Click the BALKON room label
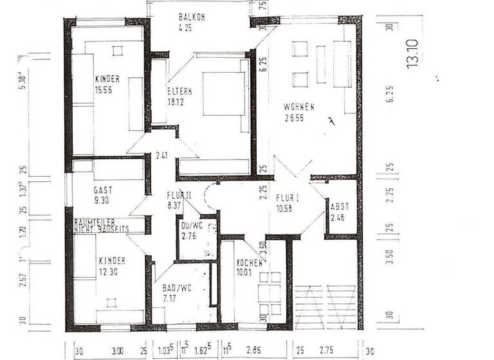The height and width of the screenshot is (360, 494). [x=191, y=17]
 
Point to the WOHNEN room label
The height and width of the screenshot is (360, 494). [x=299, y=107]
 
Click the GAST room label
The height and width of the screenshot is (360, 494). [x=103, y=191]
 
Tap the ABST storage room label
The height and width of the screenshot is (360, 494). [x=340, y=207]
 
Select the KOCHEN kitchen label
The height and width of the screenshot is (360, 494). [x=249, y=263]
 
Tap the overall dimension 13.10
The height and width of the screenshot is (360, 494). [x=412, y=54]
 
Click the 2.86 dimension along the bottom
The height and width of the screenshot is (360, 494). [x=256, y=351]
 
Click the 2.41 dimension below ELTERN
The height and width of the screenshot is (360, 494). [x=162, y=155]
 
